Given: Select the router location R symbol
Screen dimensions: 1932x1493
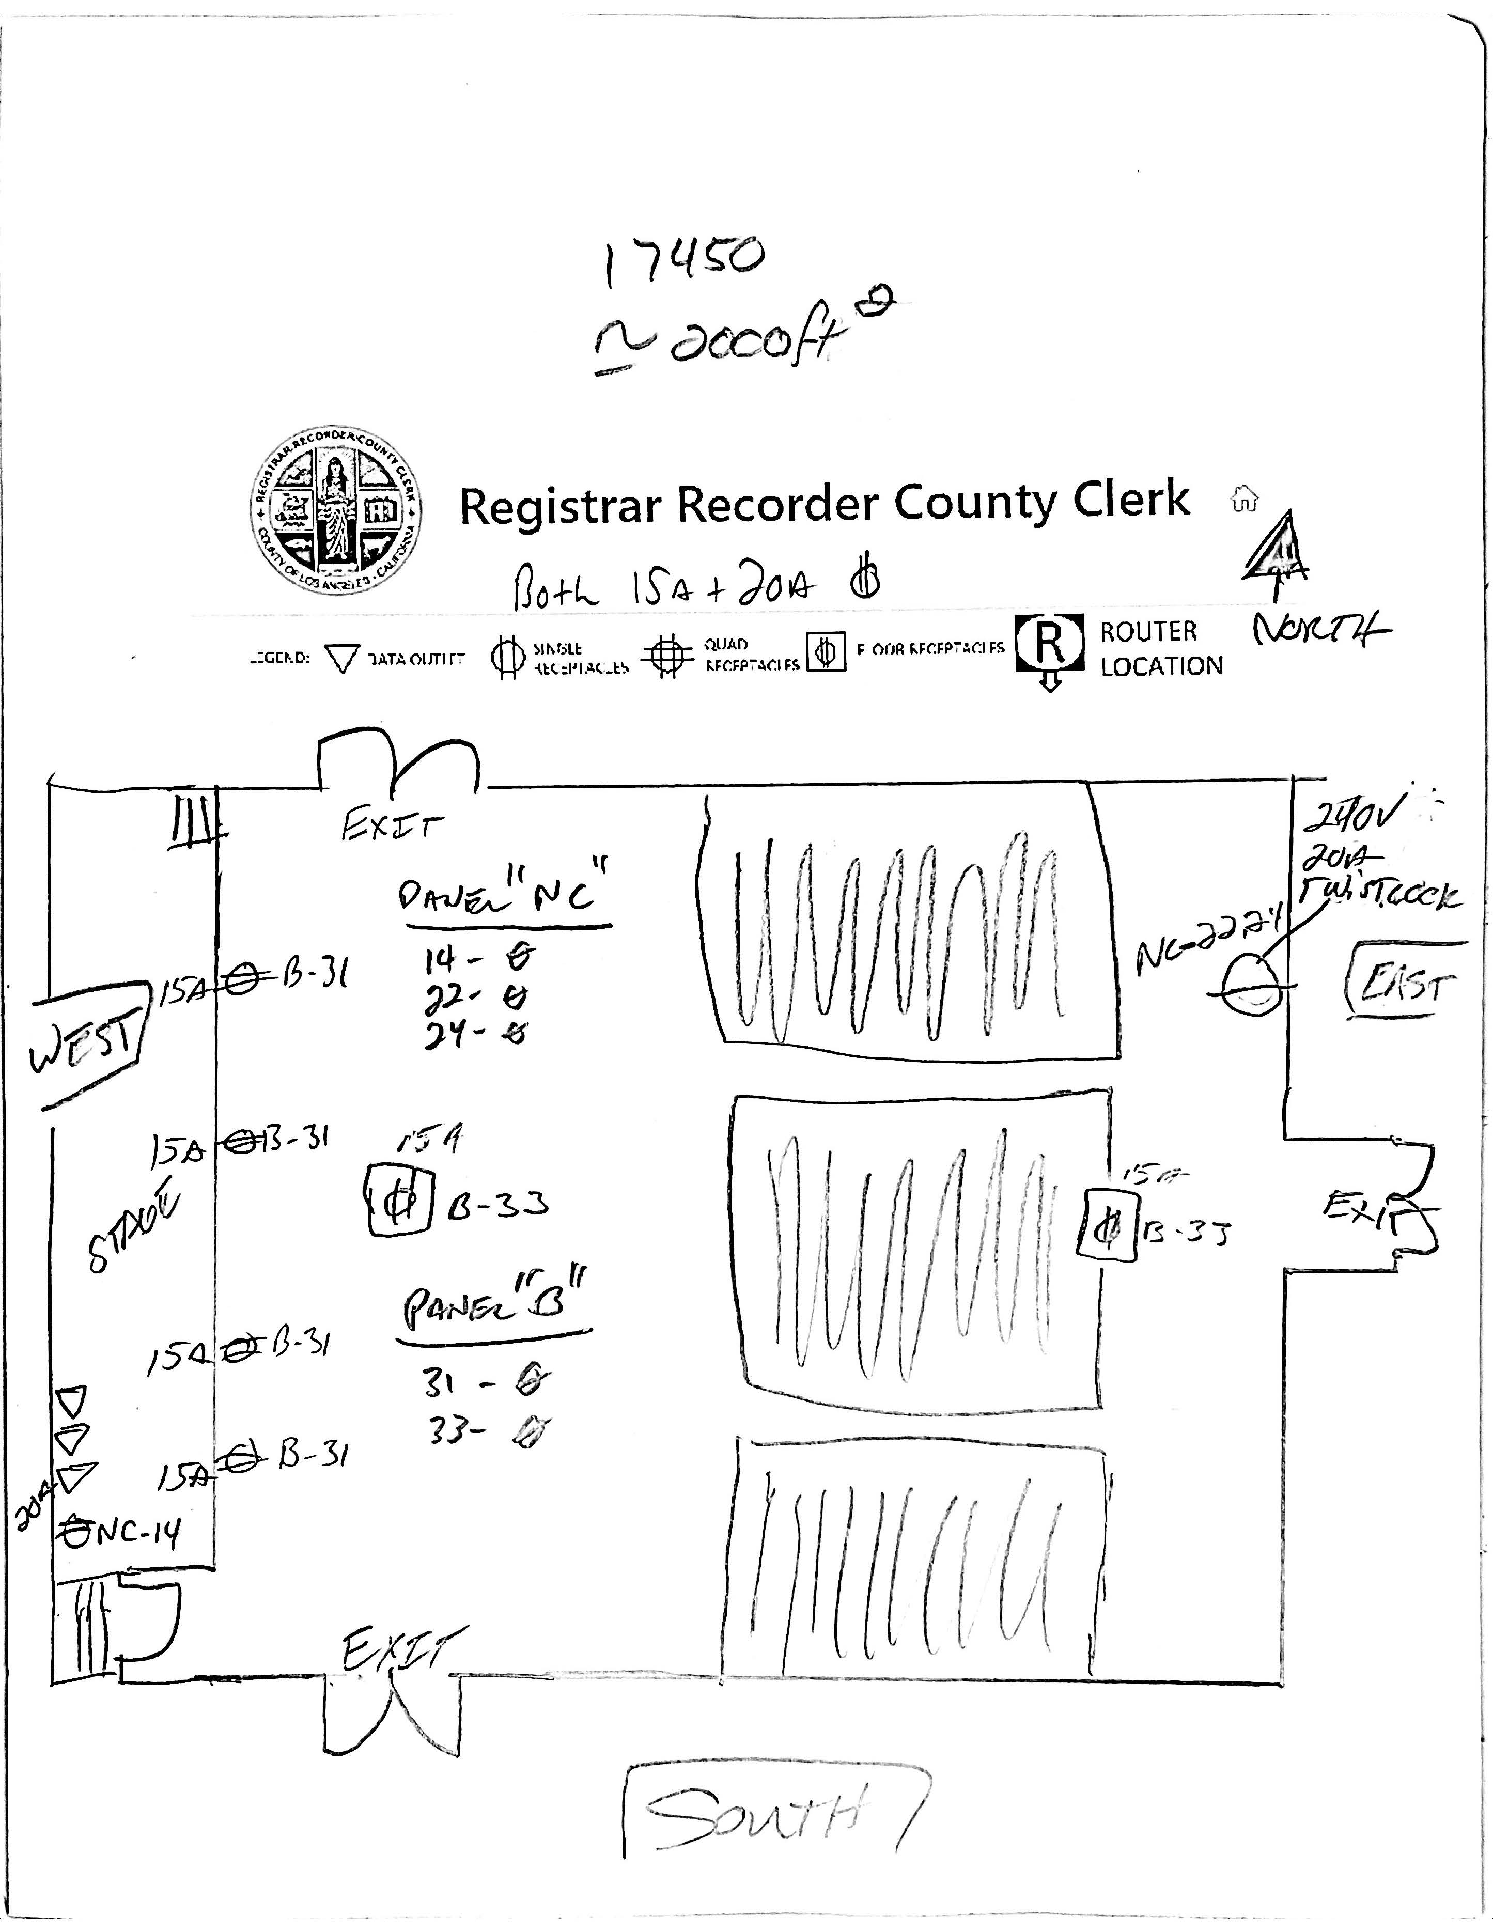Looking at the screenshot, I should pyautogui.click(x=1049, y=644).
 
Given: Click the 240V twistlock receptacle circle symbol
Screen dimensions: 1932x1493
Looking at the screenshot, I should pyautogui.click(x=1252, y=984).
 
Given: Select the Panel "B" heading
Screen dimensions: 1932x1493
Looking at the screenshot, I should pyautogui.click(x=495, y=1303).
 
